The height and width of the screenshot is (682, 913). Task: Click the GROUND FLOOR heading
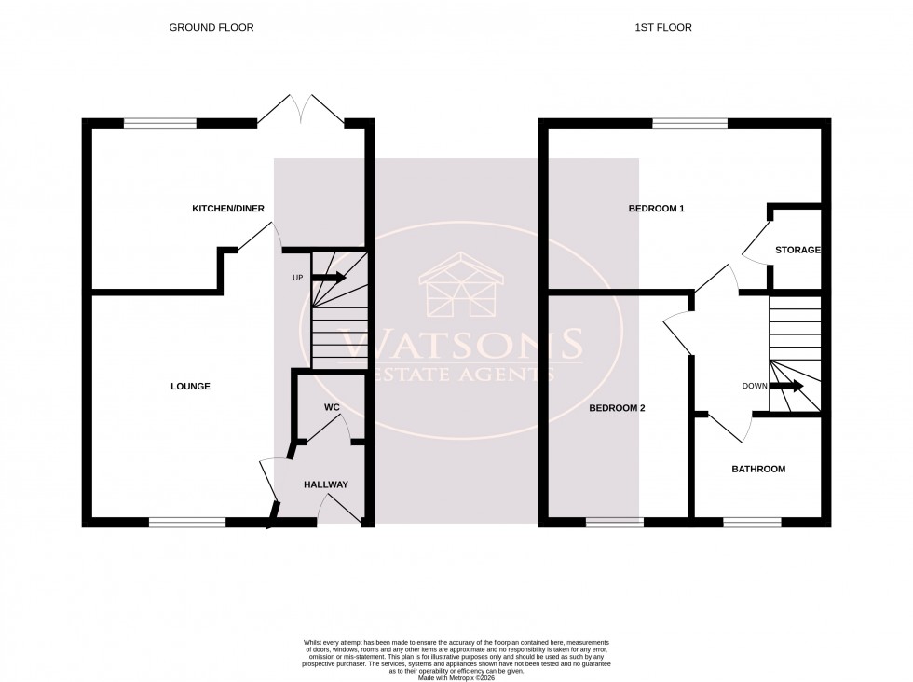tap(211, 28)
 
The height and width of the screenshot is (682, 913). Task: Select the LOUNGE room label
tap(190, 386)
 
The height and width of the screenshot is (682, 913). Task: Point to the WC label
tap(332, 408)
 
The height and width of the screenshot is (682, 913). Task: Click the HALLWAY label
tap(325, 484)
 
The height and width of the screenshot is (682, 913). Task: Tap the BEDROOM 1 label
tap(657, 209)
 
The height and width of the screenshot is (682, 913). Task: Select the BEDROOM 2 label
tap(618, 408)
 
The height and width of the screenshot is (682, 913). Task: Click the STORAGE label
tap(797, 250)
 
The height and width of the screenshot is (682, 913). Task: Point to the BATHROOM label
tap(757, 469)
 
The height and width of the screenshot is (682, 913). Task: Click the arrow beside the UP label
tap(328, 278)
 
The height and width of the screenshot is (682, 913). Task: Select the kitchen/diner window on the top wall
tap(160, 123)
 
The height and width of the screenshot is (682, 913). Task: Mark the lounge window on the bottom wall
tap(187, 523)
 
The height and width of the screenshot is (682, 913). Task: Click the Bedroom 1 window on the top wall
tap(689, 123)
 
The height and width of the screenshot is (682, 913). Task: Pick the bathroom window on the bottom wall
tap(752, 523)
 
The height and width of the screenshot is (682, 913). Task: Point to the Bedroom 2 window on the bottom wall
tap(614, 523)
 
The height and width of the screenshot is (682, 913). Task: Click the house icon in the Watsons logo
tap(461, 285)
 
